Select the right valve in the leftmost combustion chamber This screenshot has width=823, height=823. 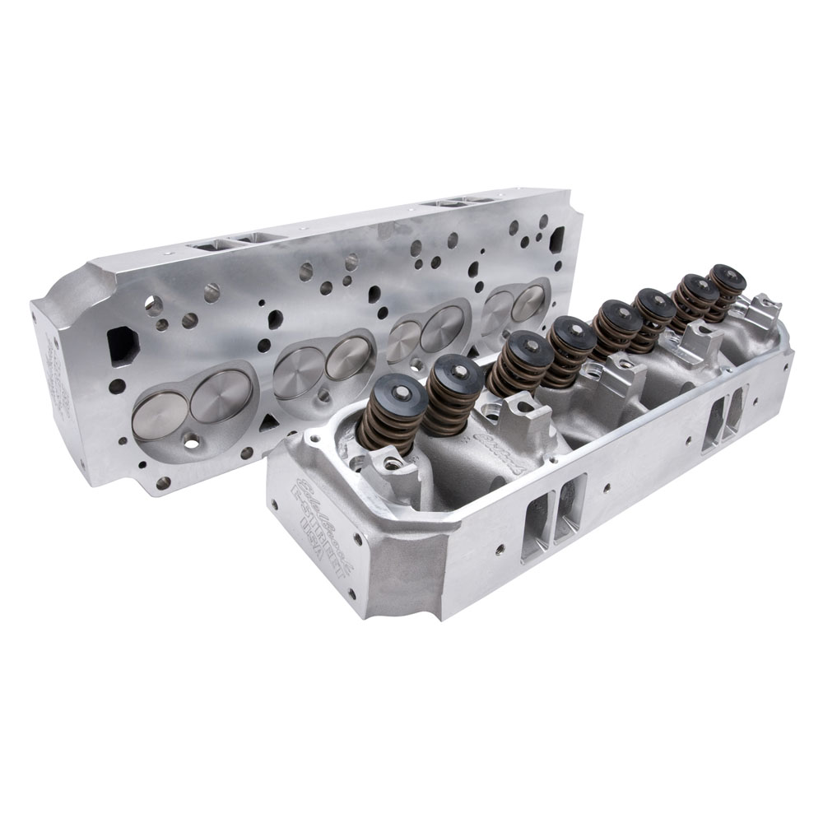[221, 394]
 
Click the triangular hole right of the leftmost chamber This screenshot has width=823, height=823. [267, 421]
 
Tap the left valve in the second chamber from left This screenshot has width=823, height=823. [299, 372]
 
